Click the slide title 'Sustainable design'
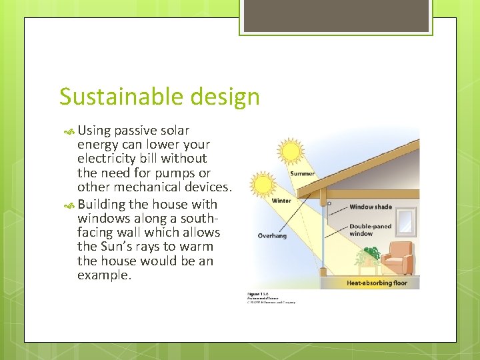159,97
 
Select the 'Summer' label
302,174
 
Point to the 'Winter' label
281,201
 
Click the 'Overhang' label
273,235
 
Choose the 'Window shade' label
371,207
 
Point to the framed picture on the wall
403,217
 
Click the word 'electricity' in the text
110,159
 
